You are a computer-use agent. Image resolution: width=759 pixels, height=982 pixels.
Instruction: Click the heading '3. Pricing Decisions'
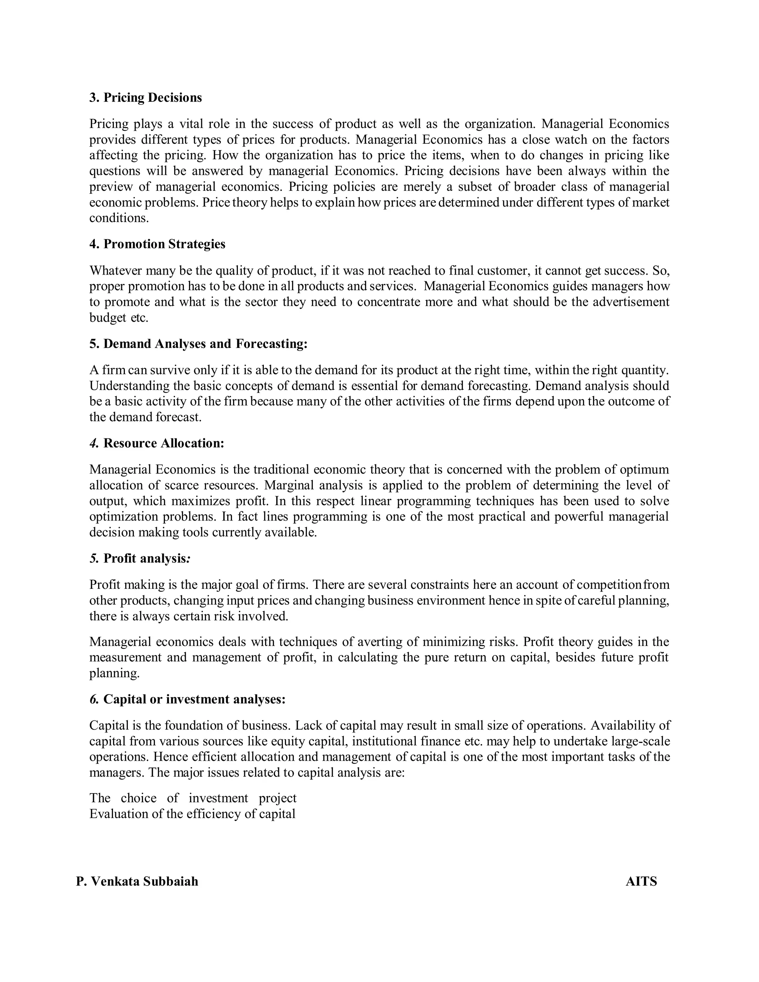point(146,97)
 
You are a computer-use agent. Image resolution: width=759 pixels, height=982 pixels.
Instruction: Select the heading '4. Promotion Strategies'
point(158,244)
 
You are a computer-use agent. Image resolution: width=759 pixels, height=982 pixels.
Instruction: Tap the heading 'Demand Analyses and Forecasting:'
point(205,344)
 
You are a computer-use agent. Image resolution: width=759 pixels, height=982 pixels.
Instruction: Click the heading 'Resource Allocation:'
point(164,443)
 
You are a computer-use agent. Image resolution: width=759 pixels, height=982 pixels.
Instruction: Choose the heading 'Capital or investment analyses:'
point(194,699)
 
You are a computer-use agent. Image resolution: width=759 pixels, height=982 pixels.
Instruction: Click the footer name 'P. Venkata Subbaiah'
point(137,881)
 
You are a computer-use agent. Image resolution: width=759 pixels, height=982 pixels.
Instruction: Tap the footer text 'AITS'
point(641,881)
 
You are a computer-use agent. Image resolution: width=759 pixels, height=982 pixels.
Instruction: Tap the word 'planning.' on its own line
point(114,673)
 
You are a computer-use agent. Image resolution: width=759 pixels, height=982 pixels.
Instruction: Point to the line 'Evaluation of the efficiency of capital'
point(192,814)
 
